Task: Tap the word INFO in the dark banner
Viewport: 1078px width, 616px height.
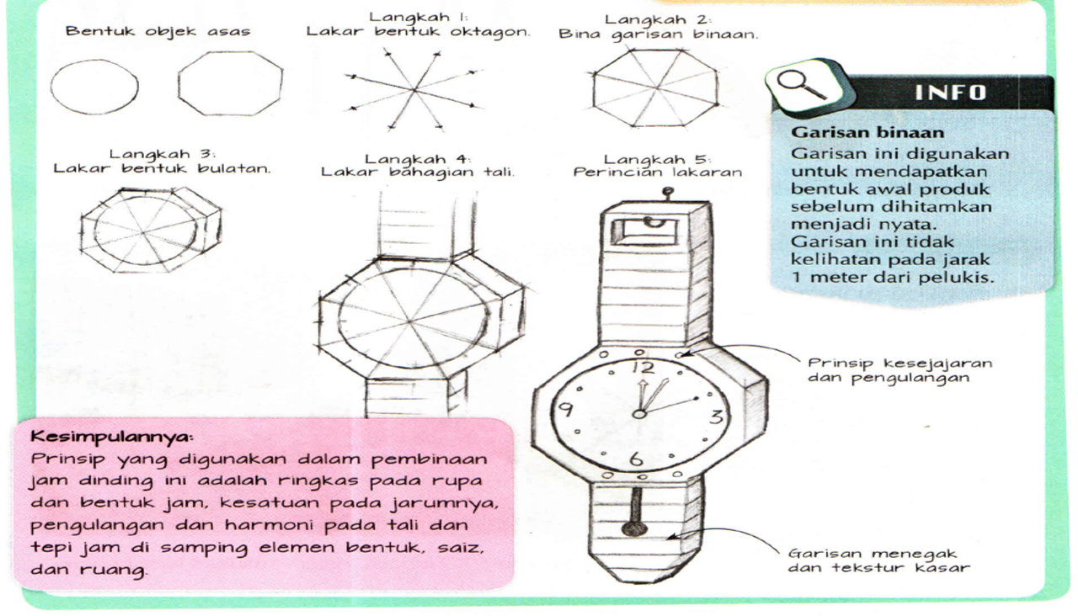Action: (950, 92)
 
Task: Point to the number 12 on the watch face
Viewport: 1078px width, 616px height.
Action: (641, 368)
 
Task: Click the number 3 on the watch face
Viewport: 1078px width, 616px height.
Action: (715, 417)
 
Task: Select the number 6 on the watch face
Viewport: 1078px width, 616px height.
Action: (636, 459)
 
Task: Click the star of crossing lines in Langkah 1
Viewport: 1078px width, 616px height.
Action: (413, 89)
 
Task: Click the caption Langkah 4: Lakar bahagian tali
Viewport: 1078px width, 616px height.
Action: (417, 166)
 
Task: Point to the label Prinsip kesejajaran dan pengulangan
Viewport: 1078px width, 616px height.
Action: (899, 370)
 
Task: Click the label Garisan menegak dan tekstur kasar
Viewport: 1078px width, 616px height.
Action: (878, 560)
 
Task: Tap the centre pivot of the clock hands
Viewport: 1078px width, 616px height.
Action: (640, 413)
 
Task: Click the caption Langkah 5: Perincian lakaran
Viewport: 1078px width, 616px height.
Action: (657, 166)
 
